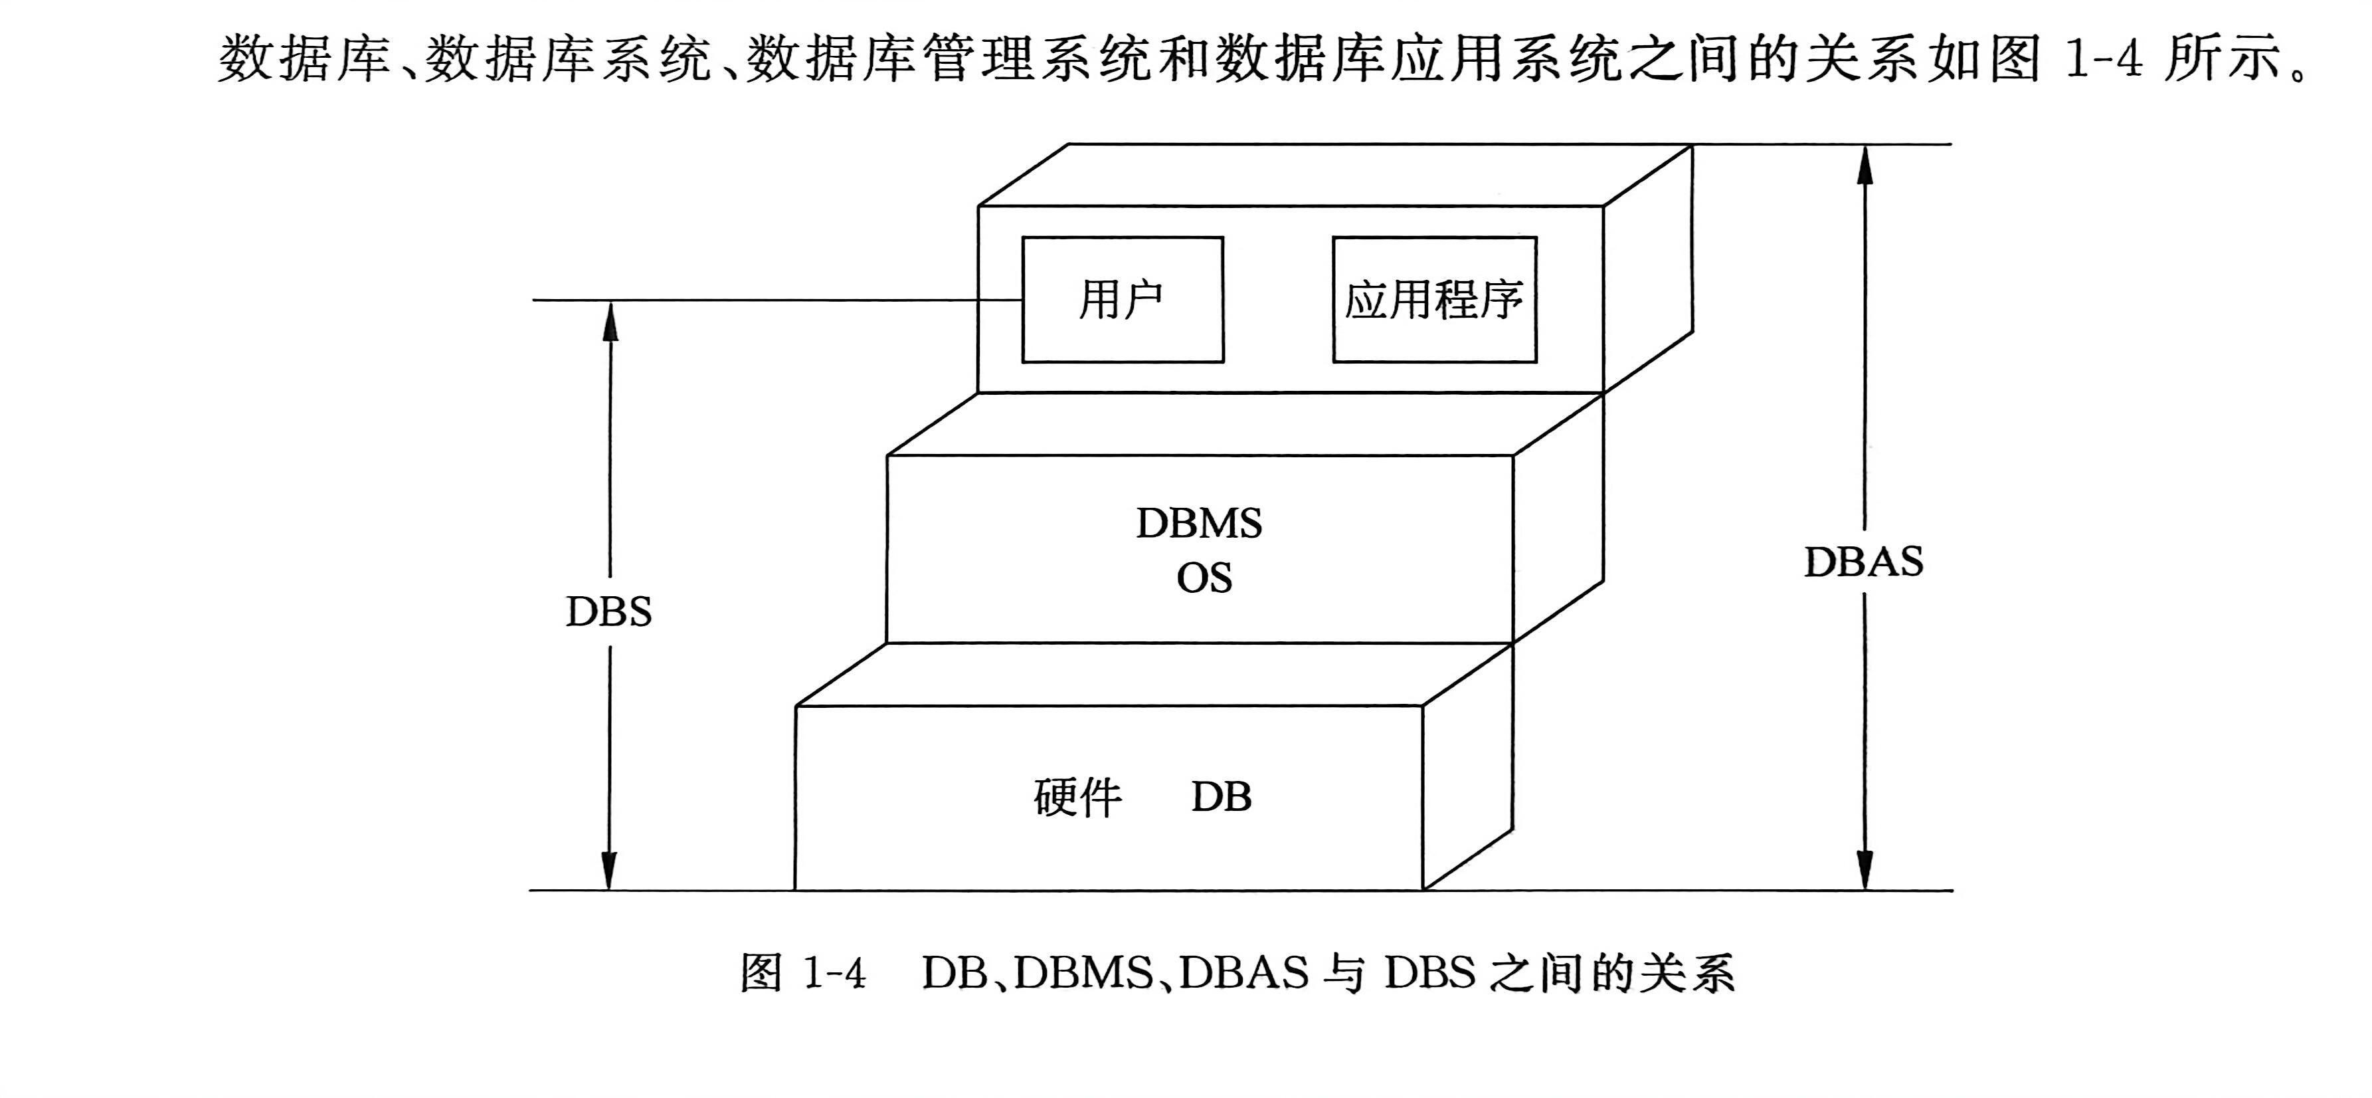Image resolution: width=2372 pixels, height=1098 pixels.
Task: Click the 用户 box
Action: (x=1123, y=299)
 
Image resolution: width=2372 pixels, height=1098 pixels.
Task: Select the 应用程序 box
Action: (x=1433, y=299)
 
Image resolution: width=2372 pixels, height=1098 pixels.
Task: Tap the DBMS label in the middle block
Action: (x=1198, y=523)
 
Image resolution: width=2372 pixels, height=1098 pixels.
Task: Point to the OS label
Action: (x=1204, y=578)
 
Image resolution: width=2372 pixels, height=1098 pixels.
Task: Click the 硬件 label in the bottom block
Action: (x=1077, y=798)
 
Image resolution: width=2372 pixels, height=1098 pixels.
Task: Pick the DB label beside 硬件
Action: (x=1221, y=797)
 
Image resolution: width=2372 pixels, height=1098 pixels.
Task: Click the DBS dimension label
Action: (x=608, y=611)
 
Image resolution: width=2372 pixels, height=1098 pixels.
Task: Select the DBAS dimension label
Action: (x=1864, y=562)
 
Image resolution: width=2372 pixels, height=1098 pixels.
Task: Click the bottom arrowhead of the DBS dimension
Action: (x=608, y=871)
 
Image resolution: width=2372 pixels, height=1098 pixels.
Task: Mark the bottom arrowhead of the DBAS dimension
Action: (x=1865, y=871)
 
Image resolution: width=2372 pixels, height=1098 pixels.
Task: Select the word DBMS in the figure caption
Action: (x=1084, y=974)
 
